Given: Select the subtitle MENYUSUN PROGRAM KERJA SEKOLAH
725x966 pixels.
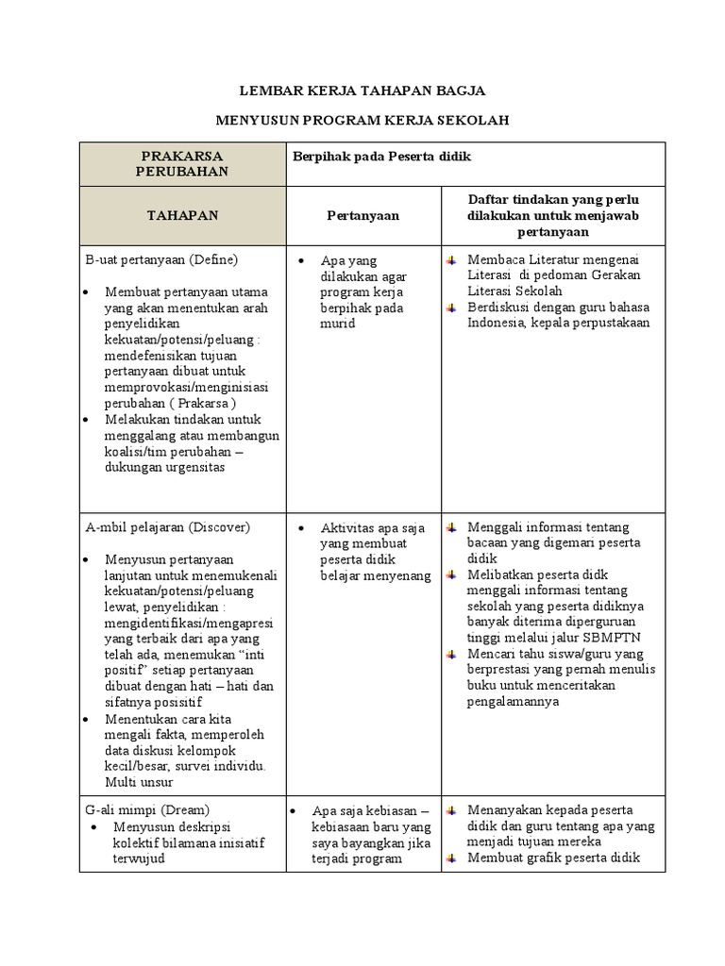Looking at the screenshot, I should pyautogui.click(x=362, y=122).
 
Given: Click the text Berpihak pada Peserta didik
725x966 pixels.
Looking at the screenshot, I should pyautogui.click(x=380, y=156).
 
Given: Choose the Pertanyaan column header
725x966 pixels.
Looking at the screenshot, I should pyautogui.click(x=363, y=215).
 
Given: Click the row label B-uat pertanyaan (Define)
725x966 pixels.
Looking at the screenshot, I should pyautogui.click(x=161, y=258).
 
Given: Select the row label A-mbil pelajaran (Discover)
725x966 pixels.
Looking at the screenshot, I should pyautogui.click(x=168, y=526).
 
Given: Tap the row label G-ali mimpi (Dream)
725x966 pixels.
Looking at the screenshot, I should pyautogui.click(x=147, y=809).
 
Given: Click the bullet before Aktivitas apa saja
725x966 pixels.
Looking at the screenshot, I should pyautogui.click(x=299, y=527).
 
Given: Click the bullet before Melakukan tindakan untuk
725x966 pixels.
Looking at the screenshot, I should pyautogui.click(x=88, y=419).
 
